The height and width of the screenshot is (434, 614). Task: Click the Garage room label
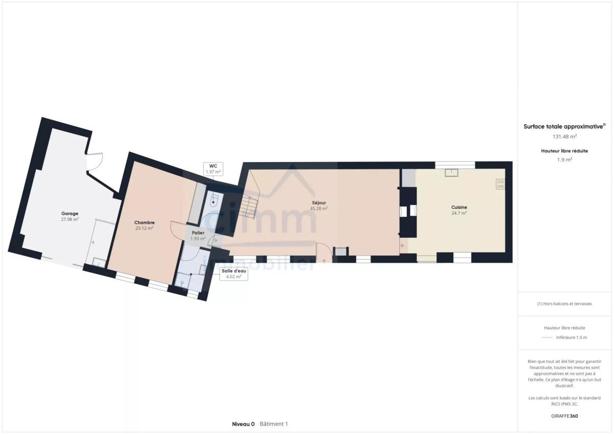pos(70,214)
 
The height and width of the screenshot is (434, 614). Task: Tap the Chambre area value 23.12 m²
pos(144,228)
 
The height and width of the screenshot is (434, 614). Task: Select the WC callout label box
pos(213,169)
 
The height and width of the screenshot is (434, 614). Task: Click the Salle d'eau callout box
pos(234,274)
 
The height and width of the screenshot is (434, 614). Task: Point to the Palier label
pos(198,233)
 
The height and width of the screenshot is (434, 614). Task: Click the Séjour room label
pos(319,203)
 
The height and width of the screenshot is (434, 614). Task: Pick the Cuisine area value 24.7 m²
pos(459,213)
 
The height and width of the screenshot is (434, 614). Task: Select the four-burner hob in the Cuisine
pos(500,184)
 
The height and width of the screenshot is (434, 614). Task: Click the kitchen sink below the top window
pos(451,173)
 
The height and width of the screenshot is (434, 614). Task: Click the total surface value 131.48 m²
pos(564,136)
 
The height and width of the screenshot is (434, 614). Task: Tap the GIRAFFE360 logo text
pos(564,416)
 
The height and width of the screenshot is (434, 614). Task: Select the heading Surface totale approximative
pos(564,126)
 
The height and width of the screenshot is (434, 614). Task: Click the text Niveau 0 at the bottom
pos(243,424)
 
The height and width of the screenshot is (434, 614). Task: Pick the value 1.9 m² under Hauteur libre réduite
pos(564,159)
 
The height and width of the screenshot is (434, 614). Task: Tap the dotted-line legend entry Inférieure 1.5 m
pos(564,337)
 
